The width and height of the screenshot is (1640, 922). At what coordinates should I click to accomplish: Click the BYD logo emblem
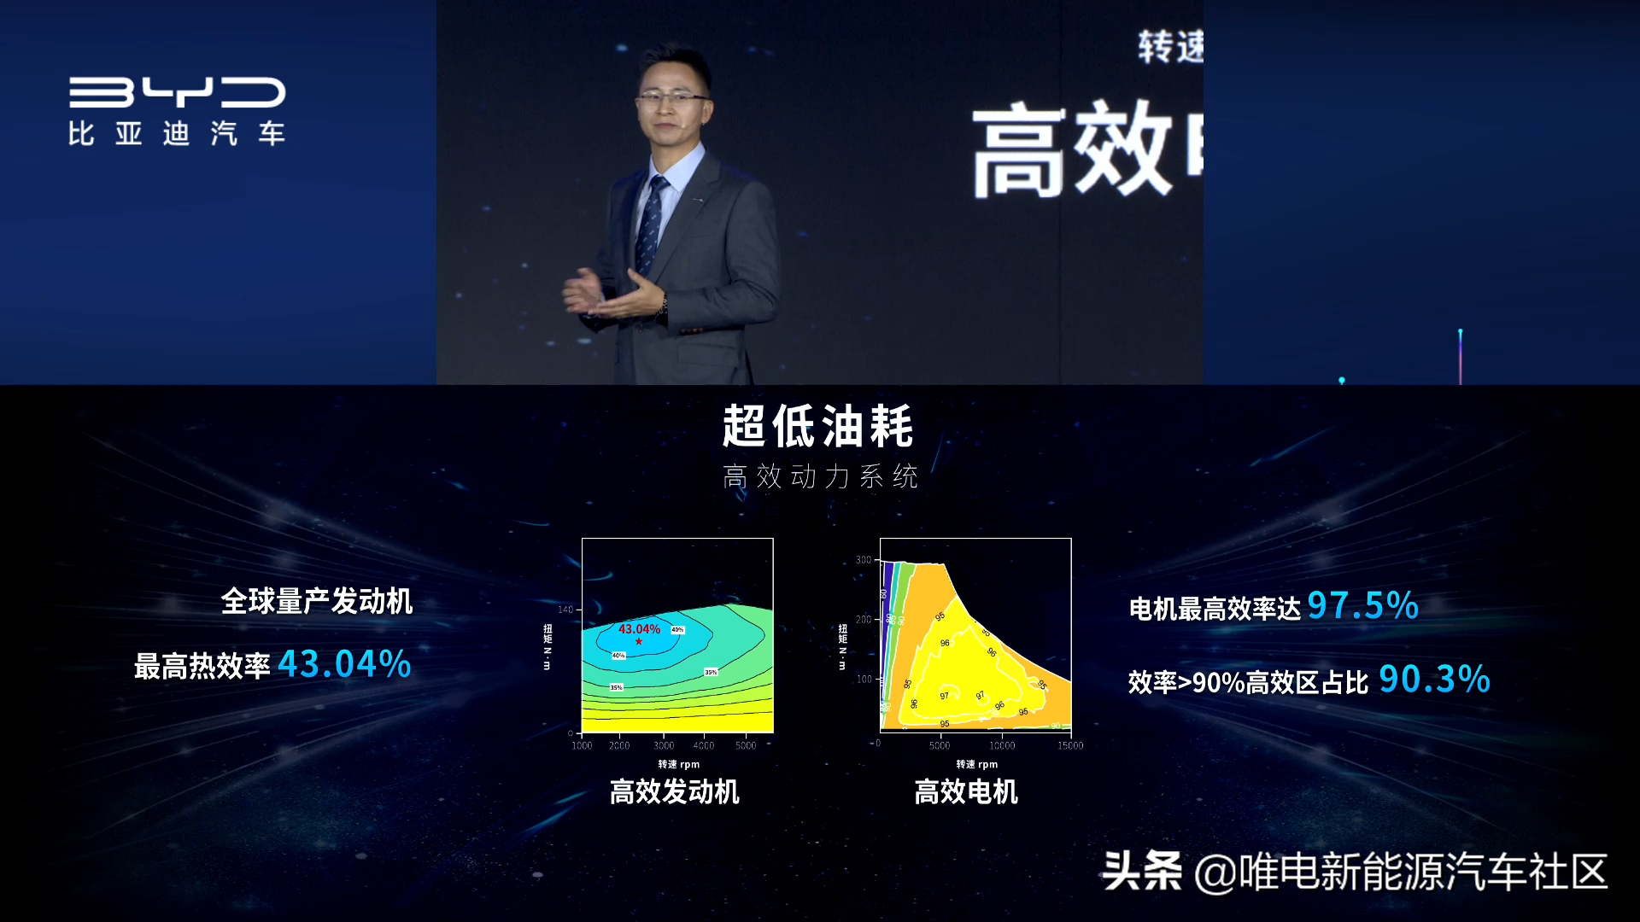click(x=177, y=92)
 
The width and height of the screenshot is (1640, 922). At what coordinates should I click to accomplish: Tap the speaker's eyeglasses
click(x=672, y=98)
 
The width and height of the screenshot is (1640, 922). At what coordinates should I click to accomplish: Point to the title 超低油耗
click(x=818, y=426)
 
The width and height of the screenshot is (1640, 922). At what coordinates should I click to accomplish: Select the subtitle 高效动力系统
click(x=820, y=476)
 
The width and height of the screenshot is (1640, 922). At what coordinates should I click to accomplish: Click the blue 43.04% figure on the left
click(x=344, y=664)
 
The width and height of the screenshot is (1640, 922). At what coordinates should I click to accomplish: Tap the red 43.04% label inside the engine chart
click(x=639, y=629)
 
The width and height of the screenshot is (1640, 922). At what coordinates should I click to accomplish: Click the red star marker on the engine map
click(x=639, y=641)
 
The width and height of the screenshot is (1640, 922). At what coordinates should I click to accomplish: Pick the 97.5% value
click(x=1362, y=605)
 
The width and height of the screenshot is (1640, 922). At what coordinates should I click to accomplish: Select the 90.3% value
click(x=1434, y=680)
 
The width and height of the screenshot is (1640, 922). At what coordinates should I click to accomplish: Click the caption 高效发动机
click(x=674, y=792)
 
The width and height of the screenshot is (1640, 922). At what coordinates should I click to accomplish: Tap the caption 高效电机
click(x=966, y=792)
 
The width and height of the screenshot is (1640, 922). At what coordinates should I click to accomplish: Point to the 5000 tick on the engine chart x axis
click(x=746, y=745)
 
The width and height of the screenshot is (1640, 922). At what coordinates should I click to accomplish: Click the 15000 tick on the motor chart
click(x=1069, y=745)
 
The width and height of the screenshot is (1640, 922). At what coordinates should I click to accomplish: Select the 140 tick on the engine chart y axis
click(x=565, y=610)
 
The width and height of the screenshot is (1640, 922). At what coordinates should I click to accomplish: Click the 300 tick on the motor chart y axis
click(x=864, y=560)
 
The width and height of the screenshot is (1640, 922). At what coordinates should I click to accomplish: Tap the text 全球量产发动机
click(x=317, y=601)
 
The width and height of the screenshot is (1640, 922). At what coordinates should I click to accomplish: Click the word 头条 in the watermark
click(x=1142, y=872)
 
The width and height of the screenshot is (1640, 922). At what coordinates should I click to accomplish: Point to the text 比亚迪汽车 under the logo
click(x=177, y=134)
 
